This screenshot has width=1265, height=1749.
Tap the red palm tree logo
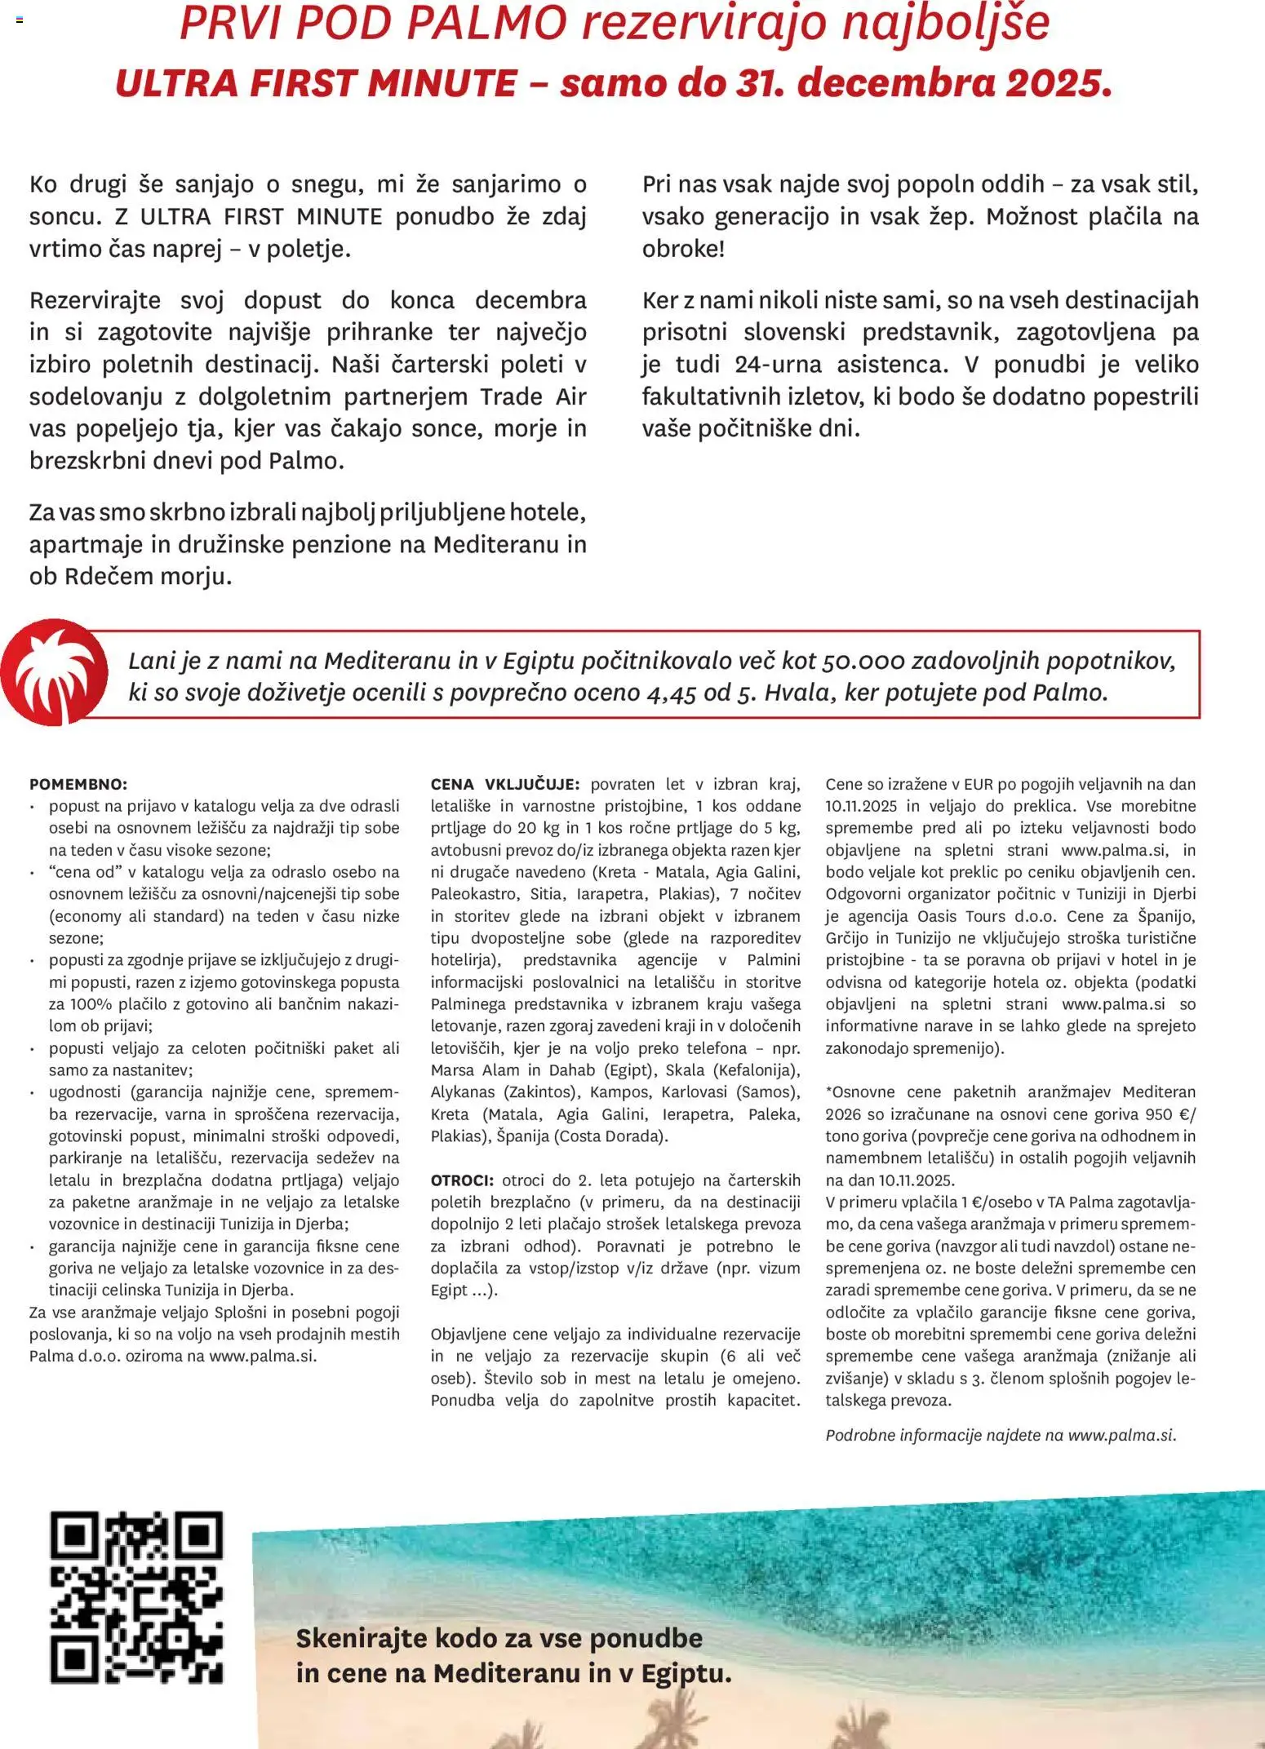[54, 672]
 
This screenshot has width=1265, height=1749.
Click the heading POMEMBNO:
[78, 784]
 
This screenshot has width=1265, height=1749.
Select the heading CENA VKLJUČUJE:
[504, 784]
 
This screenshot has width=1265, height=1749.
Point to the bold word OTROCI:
[462, 1180]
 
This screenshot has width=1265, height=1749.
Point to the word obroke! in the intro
[683, 249]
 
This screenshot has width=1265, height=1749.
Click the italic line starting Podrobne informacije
[1001, 1435]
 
